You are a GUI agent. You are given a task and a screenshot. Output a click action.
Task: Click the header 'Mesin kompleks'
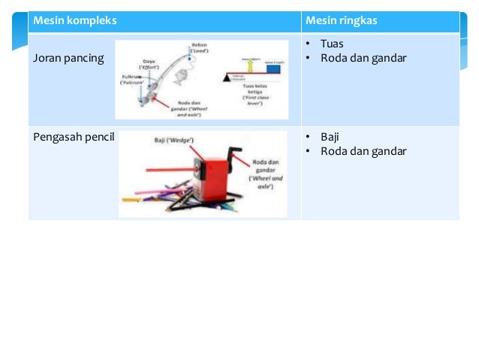click(74, 21)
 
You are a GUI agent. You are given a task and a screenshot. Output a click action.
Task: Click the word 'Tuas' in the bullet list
click(331, 44)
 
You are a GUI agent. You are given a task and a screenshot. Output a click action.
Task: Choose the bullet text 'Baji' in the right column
click(330, 137)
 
